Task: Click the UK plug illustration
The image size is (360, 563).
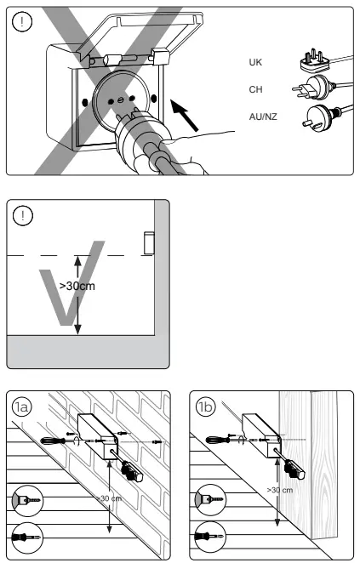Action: pos(315,61)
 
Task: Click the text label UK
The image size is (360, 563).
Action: pos(255,62)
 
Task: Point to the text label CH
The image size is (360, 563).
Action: pos(255,89)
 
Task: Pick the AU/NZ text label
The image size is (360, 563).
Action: pos(263,117)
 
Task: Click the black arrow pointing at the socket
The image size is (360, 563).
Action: pos(185,116)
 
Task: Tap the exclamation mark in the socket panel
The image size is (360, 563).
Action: pos(22,22)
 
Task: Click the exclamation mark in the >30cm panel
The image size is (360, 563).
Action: pos(23,215)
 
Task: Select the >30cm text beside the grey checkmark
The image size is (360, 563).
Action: pos(77,286)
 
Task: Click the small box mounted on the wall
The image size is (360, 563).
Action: pos(149,242)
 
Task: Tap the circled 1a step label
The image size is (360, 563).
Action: pos(21,407)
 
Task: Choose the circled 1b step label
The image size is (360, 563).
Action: pos(206,407)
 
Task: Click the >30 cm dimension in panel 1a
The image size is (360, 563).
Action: pos(109,498)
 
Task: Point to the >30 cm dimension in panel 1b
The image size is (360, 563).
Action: pos(280,490)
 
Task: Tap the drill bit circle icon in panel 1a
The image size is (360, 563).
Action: pos(28,500)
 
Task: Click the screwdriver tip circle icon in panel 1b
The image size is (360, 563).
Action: pos(210,537)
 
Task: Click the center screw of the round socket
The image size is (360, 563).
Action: pos(121,98)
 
